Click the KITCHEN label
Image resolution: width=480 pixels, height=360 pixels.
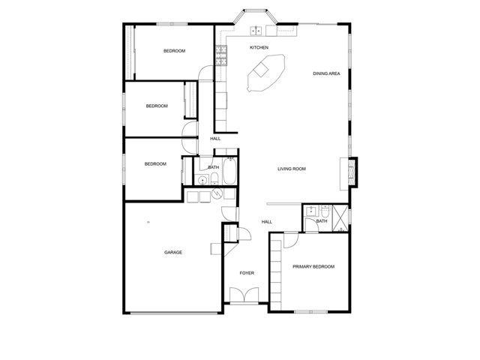click(259, 47)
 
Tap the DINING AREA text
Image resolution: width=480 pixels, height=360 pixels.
click(328, 73)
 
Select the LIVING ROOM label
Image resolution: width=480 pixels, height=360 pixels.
click(291, 169)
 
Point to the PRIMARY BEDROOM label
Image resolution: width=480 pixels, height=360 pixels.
click(313, 267)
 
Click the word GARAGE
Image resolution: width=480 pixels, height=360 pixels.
click(173, 252)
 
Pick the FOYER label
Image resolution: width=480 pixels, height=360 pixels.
click(247, 273)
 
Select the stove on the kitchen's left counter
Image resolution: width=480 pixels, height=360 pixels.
click(221, 52)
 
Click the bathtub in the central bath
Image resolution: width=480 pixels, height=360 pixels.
click(229, 172)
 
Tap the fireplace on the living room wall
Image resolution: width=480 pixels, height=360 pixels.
click(352, 172)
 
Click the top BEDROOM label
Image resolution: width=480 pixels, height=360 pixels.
click(175, 51)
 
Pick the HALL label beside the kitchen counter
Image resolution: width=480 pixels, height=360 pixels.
click(215, 139)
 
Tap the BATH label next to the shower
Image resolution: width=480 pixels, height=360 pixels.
click(322, 221)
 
